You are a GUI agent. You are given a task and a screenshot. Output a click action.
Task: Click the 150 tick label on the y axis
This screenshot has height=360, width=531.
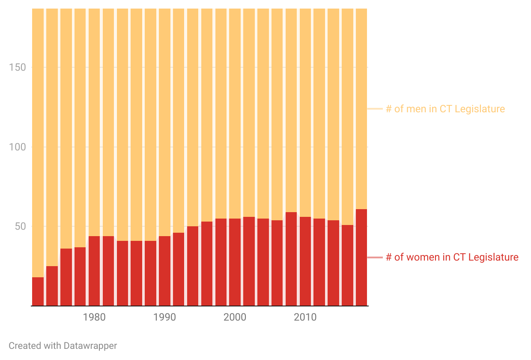[17, 67]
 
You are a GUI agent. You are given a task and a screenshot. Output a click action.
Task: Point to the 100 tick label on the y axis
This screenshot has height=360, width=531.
[17, 147]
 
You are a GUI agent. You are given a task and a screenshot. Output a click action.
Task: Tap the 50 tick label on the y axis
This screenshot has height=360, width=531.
[21, 226]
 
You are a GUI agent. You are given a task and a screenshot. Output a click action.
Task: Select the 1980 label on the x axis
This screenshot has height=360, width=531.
[94, 318]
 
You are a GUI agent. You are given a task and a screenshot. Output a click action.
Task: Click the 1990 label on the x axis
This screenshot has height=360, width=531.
[164, 318]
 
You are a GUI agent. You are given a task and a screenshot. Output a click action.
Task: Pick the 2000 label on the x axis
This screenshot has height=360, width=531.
[235, 318]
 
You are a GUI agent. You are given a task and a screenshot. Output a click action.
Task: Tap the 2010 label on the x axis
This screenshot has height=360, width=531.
[305, 318]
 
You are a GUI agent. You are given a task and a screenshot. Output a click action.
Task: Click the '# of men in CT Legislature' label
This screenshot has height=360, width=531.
[445, 109]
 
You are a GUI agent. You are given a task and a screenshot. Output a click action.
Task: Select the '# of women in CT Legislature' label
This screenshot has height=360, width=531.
[452, 257]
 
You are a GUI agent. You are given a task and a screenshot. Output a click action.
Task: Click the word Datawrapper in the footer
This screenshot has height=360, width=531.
[90, 345]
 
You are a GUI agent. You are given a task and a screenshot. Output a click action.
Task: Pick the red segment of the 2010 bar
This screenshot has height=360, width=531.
[305, 261]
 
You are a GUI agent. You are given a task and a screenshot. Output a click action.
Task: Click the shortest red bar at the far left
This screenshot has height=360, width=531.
[38, 291]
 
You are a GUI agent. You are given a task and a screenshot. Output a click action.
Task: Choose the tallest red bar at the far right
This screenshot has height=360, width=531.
[361, 257]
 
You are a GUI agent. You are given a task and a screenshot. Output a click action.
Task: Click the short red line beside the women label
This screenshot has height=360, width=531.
[375, 257]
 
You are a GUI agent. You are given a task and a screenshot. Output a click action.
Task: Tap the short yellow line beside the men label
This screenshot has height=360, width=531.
[375, 109]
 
